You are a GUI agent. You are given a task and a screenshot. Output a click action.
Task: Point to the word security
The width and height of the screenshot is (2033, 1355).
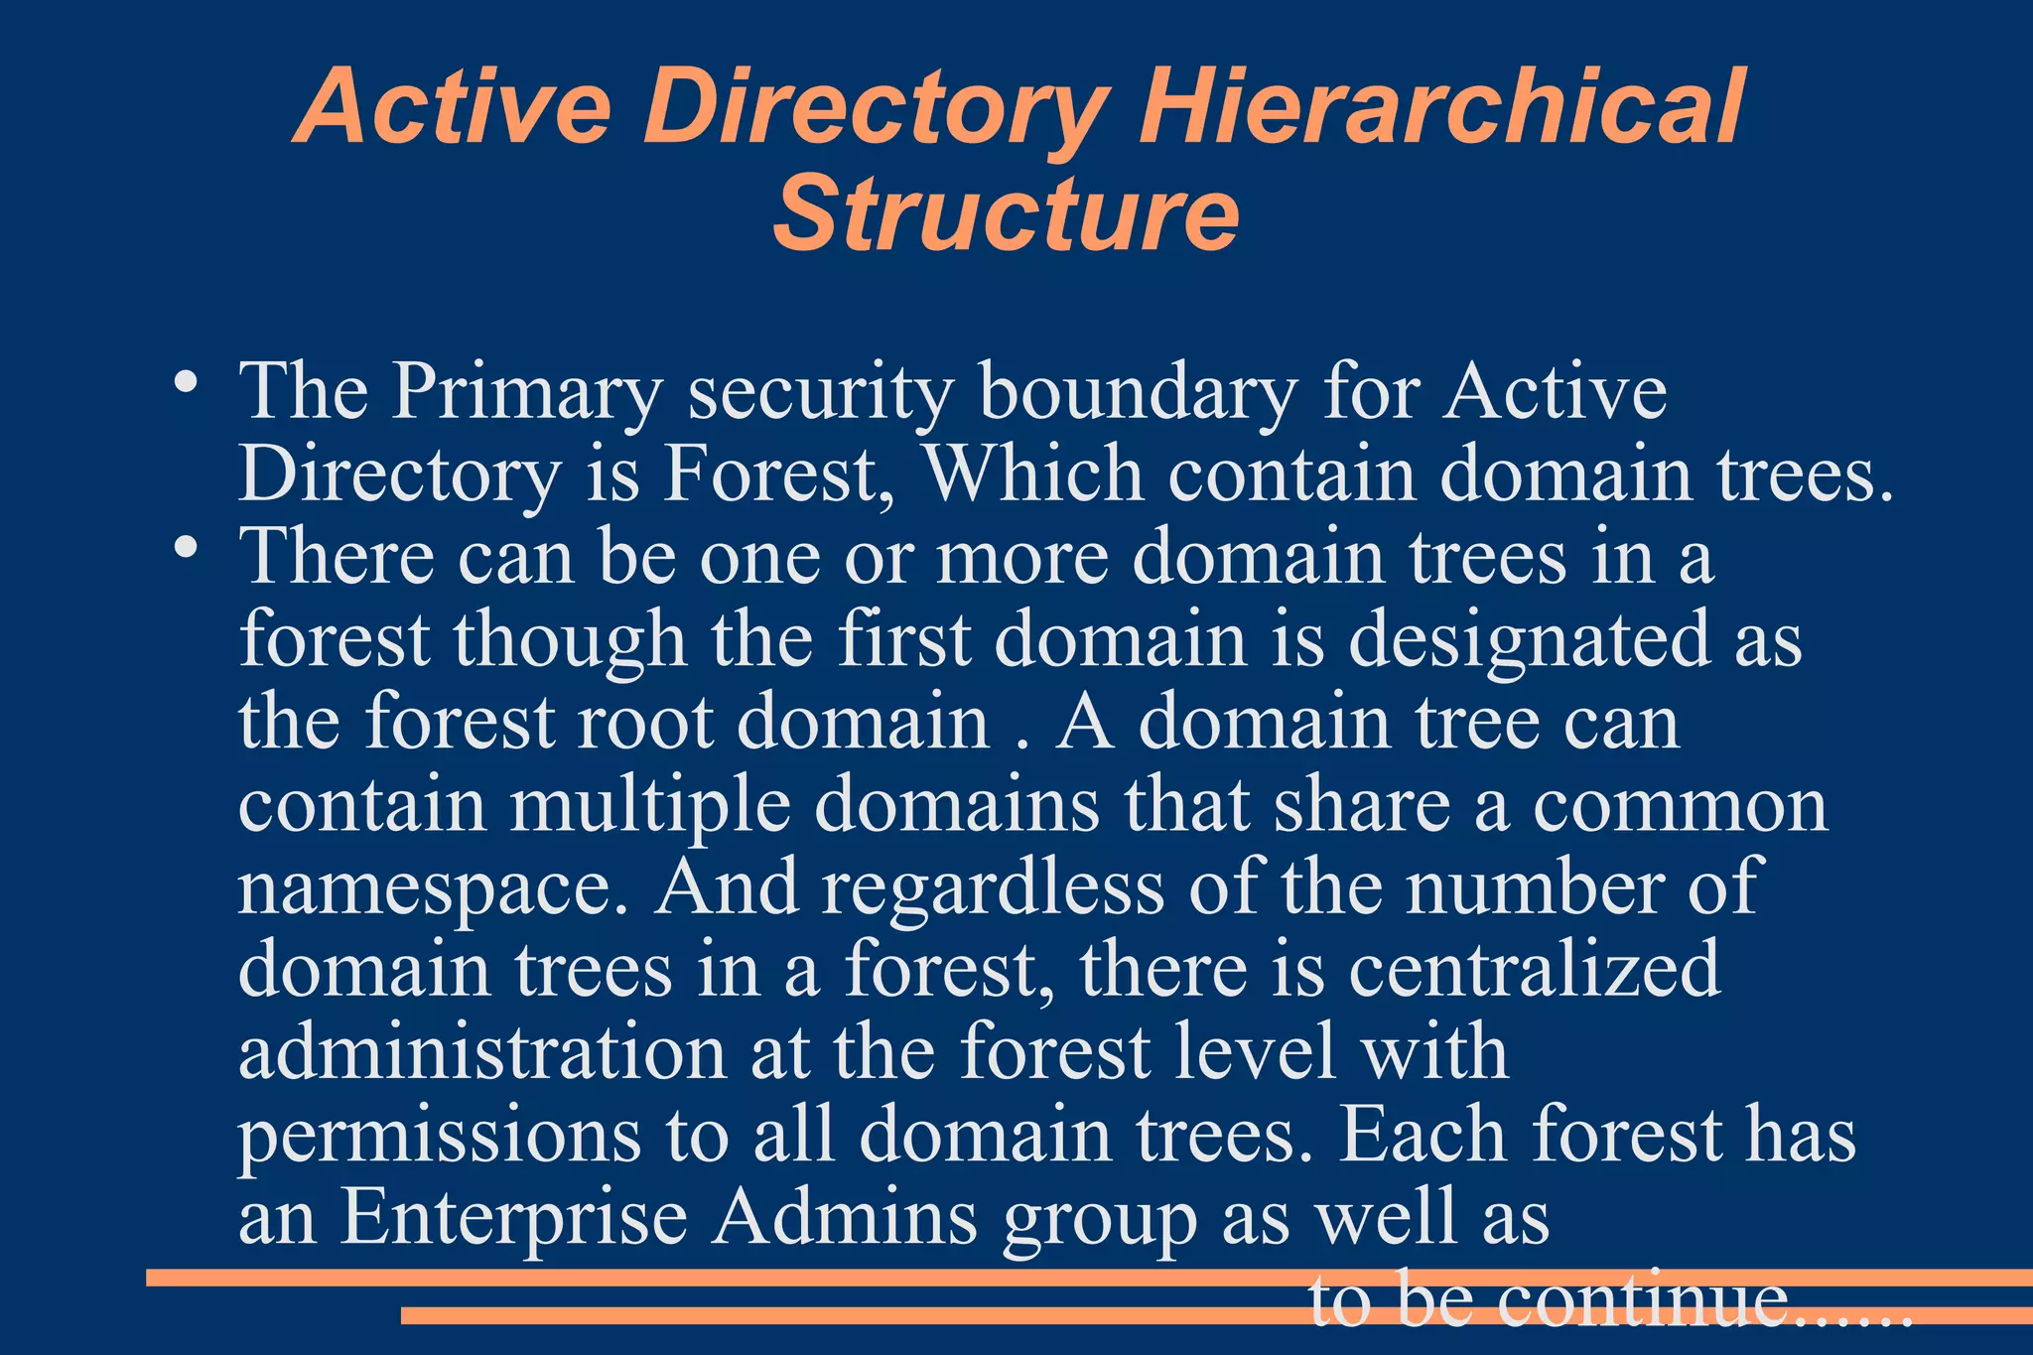(x=820, y=393)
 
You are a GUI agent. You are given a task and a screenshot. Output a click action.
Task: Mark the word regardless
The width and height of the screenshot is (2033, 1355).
(x=993, y=886)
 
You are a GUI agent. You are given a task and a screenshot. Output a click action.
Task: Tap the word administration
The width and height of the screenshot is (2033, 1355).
(x=482, y=1052)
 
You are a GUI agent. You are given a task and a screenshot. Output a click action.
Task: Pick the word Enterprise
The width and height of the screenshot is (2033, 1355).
(x=514, y=1218)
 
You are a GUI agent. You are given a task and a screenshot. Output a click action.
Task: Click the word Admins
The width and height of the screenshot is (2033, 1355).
(x=845, y=1218)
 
